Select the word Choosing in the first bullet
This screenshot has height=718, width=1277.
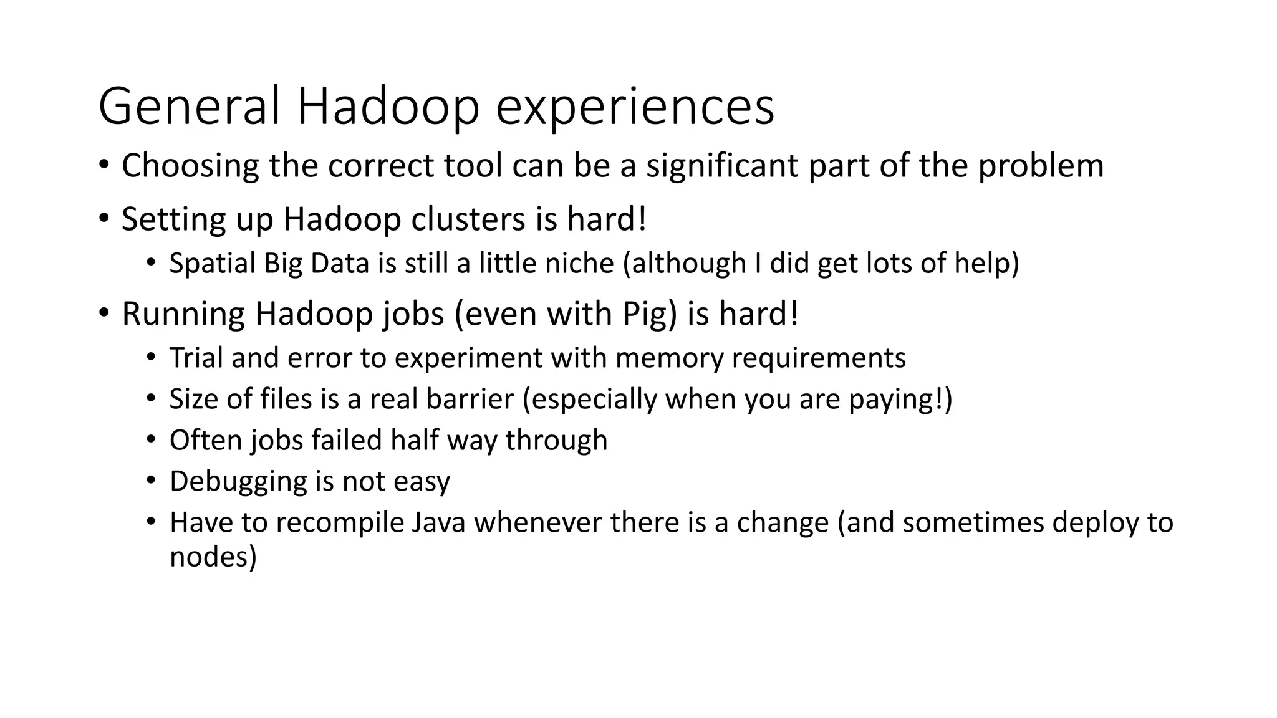(x=190, y=166)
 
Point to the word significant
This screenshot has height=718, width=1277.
(x=722, y=166)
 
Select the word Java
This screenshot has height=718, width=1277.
(x=439, y=523)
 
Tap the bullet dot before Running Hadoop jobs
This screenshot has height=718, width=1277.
(x=104, y=312)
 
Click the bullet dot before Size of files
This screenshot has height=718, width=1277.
(x=150, y=398)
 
